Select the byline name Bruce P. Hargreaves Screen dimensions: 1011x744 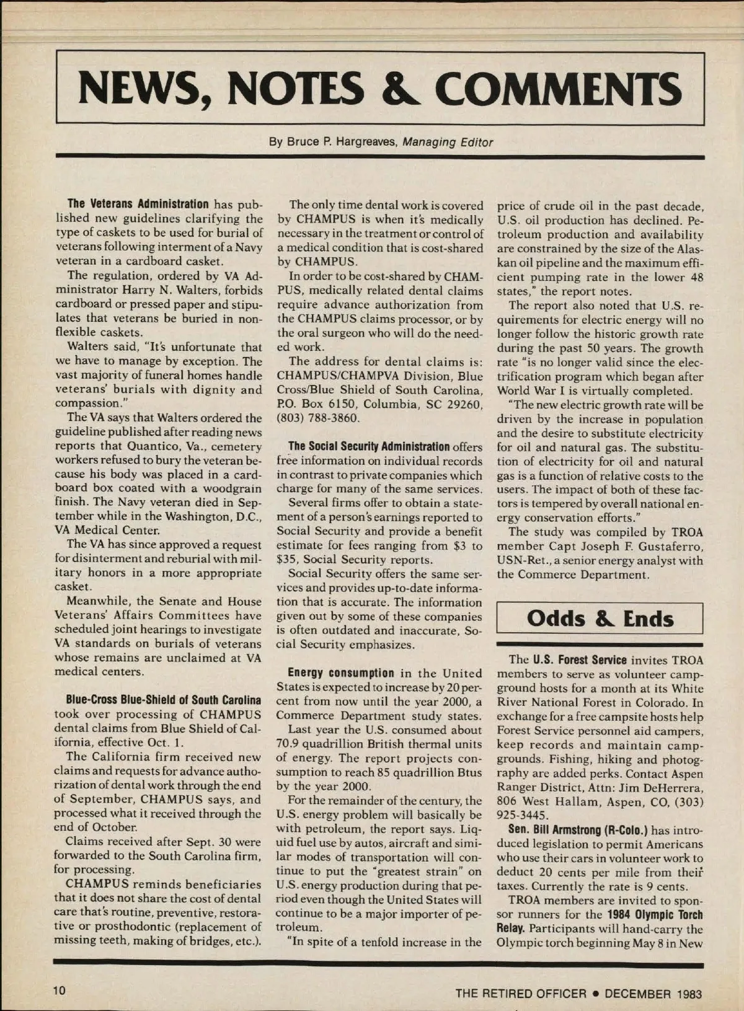pyautogui.click(x=334, y=142)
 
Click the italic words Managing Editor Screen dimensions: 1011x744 pyautogui.click(x=448, y=142)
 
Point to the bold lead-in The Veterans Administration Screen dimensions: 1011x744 pyautogui.click(x=138, y=205)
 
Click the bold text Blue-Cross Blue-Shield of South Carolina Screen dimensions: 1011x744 pyautogui.click(x=163, y=700)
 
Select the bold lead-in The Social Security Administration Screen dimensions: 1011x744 pyautogui.click(x=369, y=447)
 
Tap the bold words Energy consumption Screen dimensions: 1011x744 pyautogui.click(x=341, y=673)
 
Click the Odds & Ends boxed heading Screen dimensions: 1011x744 pyautogui.click(x=600, y=619)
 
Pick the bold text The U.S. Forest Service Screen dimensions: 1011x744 pyautogui.click(x=577, y=660)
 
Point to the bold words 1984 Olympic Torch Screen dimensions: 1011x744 pyautogui.click(x=655, y=915)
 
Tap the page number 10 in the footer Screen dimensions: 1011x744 pyautogui.click(x=60, y=991)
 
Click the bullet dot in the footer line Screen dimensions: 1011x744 pyautogui.click(x=595, y=994)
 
